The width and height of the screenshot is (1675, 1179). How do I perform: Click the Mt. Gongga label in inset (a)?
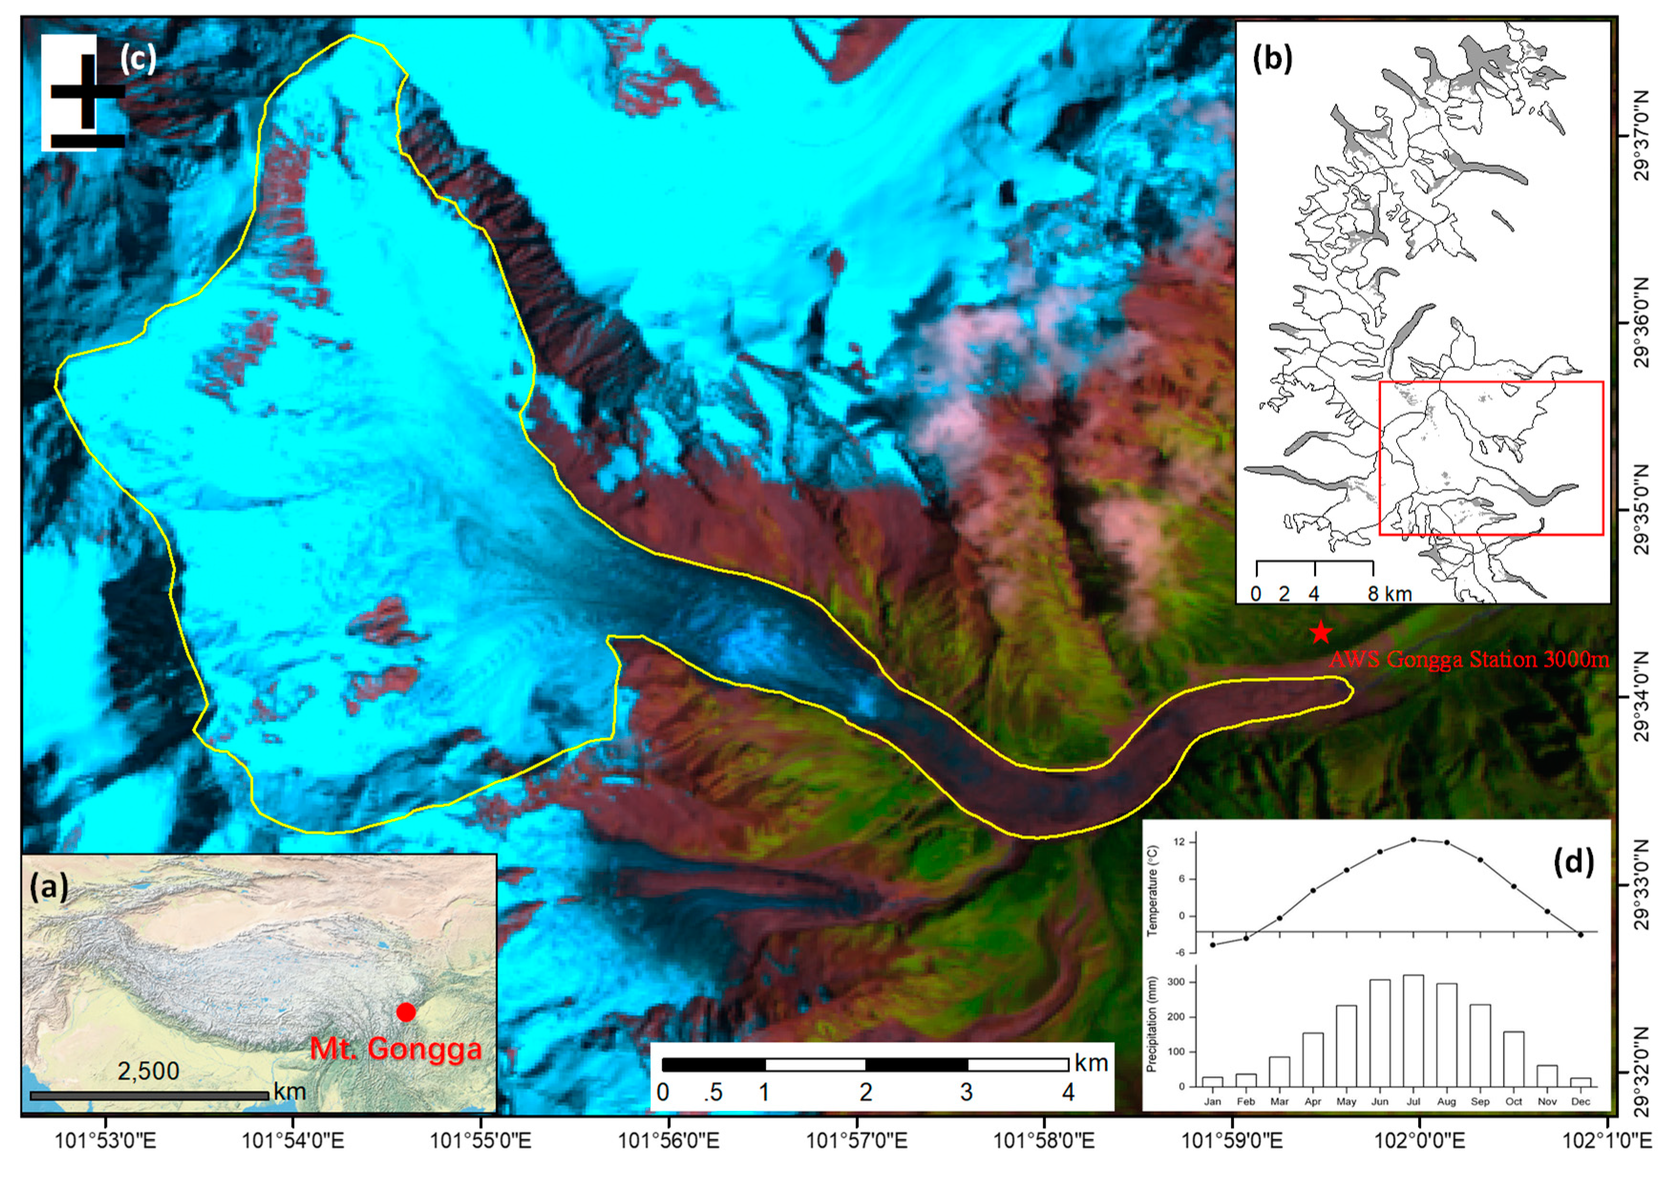click(396, 1048)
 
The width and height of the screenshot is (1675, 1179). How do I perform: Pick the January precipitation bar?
click(1212, 1081)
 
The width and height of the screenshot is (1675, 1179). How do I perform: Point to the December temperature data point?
click(1580, 935)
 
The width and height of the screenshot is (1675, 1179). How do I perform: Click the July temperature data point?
click(1413, 840)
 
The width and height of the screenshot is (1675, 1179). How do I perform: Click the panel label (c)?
click(138, 58)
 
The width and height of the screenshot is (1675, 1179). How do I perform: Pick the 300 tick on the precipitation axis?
click(1182, 982)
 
